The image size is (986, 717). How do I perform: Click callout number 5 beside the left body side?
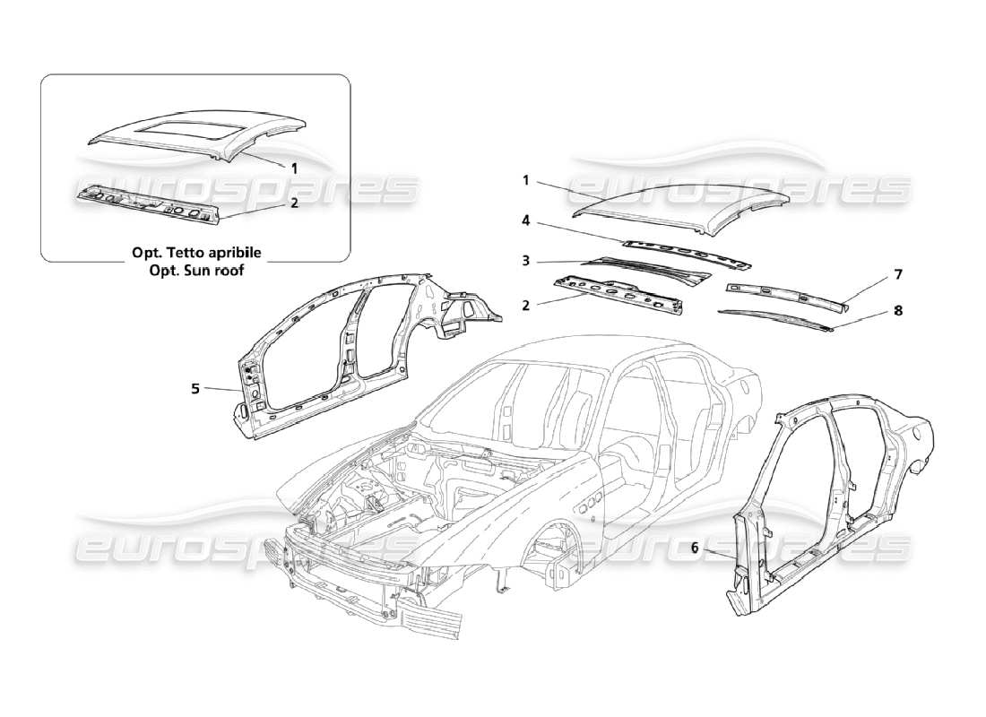tap(195, 389)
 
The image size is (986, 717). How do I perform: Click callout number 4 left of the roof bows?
tap(527, 220)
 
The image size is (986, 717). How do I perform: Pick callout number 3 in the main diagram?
tap(527, 261)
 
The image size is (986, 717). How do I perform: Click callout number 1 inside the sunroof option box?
tap(294, 166)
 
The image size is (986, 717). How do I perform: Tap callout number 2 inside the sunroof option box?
tap(294, 203)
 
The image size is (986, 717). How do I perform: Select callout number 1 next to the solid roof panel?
tap(527, 180)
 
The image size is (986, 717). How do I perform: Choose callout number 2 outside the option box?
tap(527, 305)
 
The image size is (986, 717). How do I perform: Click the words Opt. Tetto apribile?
tap(195, 253)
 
